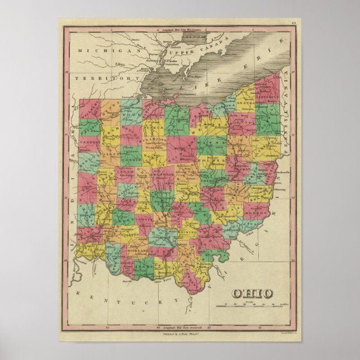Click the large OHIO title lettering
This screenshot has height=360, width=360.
click(253, 293)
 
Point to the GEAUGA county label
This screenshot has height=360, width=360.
click(245, 103)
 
